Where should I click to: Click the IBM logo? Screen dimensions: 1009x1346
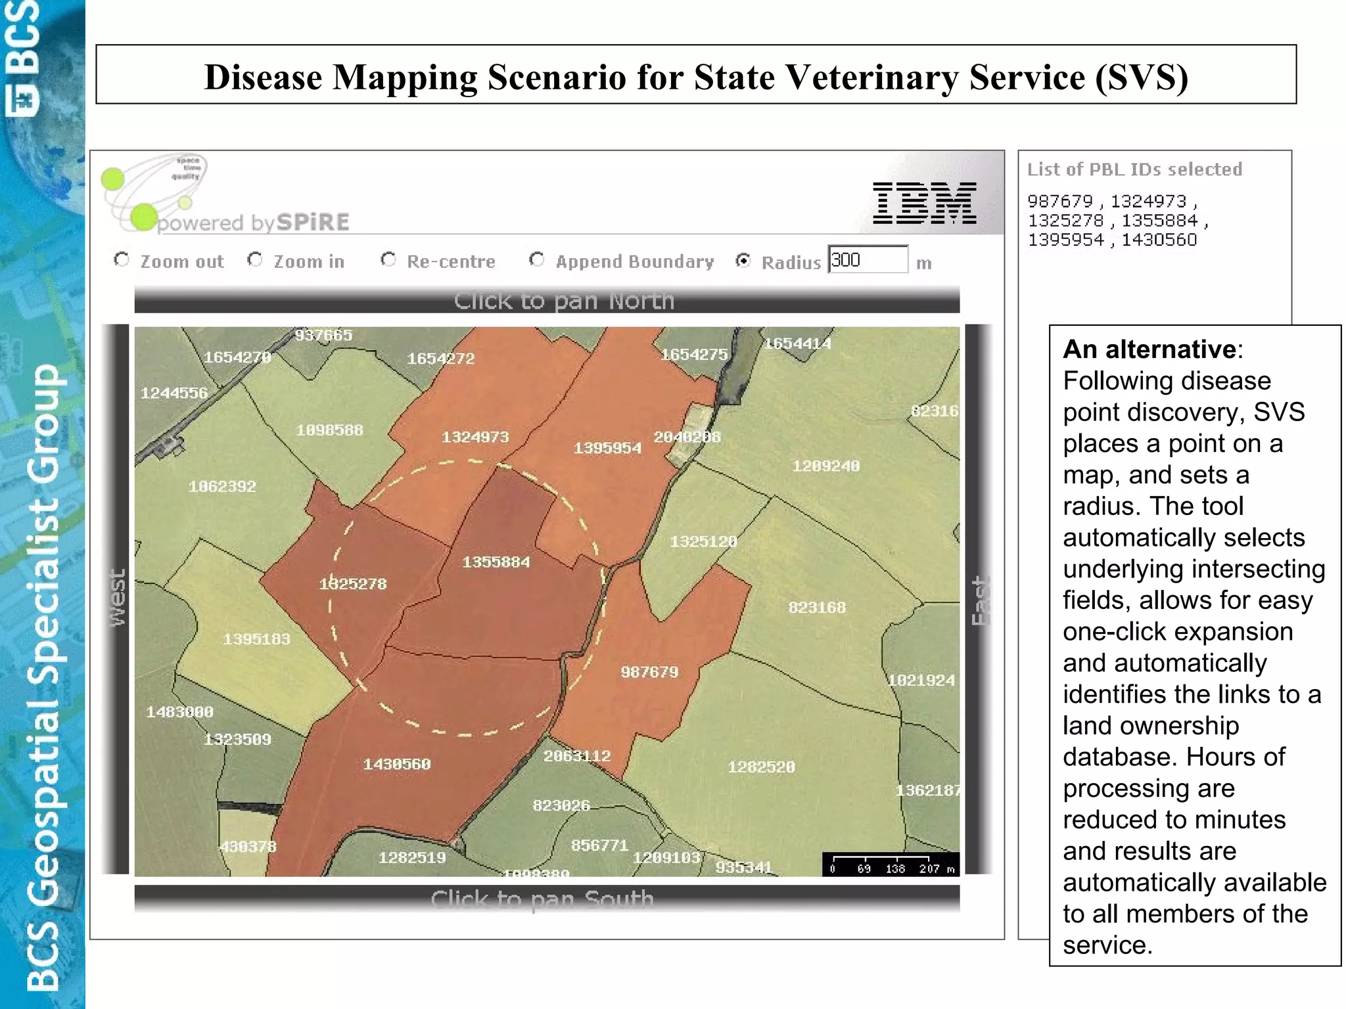(923, 203)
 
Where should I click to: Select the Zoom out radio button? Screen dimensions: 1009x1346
(122, 259)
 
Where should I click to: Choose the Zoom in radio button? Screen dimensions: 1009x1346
(255, 259)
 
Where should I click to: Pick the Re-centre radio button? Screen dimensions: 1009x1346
(388, 259)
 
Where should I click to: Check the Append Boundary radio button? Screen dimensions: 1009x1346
(537, 259)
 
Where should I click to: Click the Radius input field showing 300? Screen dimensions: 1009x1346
(868, 260)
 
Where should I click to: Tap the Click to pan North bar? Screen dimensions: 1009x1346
(547, 300)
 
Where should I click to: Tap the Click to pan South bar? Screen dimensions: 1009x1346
(547, 898)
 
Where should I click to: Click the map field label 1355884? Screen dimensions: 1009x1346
(496, 562)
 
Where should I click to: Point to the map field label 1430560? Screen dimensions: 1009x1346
(397, 764)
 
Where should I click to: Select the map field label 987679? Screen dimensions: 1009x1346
(649, 672)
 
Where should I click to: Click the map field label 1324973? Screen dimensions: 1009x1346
(475, 437)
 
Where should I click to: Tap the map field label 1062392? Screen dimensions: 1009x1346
(222, 487)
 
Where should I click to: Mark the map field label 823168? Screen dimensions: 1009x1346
(817, 608)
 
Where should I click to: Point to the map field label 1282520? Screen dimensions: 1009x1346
(761, 767)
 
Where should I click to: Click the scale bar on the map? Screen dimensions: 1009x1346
(890, 864)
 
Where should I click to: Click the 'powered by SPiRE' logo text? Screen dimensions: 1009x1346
(254, 223)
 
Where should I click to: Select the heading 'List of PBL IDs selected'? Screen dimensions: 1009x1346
(1134, 169)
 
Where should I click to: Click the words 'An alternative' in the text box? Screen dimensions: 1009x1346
(1149, 349)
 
